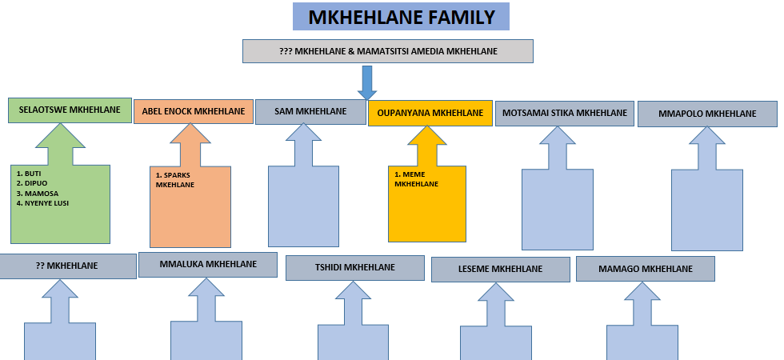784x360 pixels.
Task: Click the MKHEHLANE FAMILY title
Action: coord(401,17)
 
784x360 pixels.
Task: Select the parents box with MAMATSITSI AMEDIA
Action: coord(388,51)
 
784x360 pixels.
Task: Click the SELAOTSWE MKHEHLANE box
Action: coord(70,110)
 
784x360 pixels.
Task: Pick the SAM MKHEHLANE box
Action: coord(310,111)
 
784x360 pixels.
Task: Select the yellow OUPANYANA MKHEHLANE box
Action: coord(430,113)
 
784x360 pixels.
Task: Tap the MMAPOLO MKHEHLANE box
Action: coord(707,114)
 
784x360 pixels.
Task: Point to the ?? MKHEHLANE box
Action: coord(67,266)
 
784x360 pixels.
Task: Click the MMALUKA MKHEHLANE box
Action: coord(208,264)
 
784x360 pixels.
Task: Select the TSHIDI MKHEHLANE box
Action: coord(354,268)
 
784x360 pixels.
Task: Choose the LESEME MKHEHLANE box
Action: coord(500,270)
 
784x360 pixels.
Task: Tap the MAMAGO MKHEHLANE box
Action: coord(645,269)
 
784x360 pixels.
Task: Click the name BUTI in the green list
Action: coord(33,173)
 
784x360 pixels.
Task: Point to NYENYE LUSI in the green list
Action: coord(46,203)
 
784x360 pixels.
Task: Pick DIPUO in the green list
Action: coord(36,183)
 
